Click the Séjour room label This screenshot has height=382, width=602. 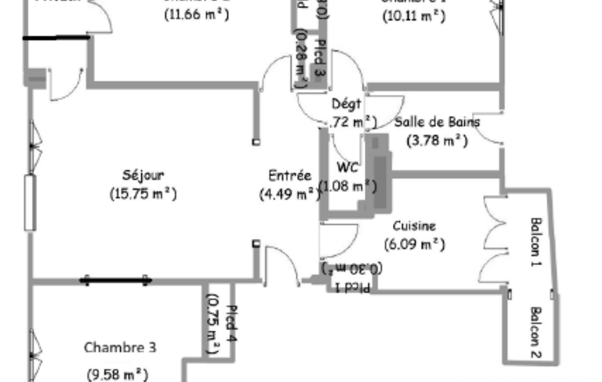point(143,175)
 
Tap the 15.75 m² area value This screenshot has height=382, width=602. point(143,193)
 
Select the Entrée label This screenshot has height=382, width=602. point(289,175)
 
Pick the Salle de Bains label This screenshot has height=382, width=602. point(437,122)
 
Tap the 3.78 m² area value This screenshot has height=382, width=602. point(437,140)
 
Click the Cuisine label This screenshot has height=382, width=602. point(414,226)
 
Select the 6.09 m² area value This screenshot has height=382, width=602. point(414,244)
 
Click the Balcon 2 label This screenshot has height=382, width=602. point(536,332)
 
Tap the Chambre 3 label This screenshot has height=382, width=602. point(120,347)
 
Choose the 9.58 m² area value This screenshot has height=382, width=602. point(117,374)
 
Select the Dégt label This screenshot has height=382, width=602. point(347,104)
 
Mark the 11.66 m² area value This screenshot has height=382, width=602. point(196,15)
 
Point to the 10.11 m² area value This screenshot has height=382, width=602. point(413,16)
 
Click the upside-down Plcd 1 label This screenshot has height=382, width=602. point(352,287)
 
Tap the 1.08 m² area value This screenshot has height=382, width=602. point(347,186)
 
